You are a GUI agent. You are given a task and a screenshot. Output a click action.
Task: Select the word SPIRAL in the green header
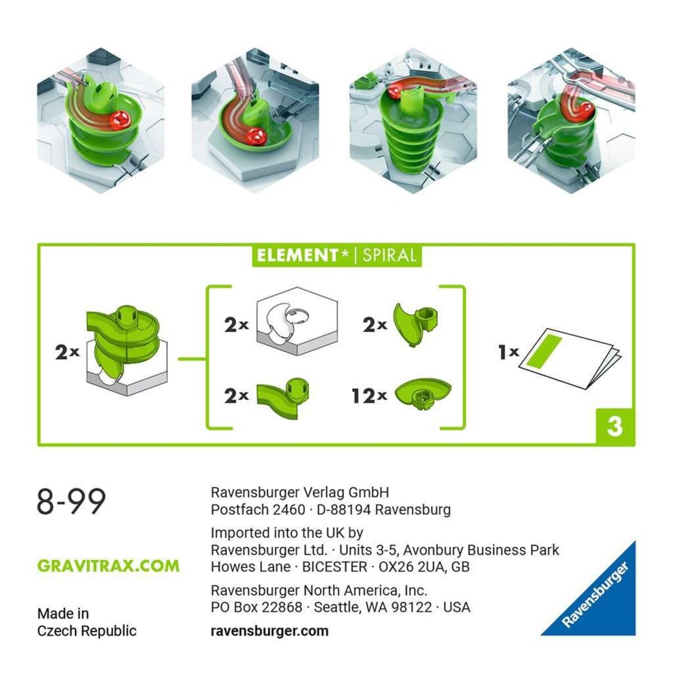389,256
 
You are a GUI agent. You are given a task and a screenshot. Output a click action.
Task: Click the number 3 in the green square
615,426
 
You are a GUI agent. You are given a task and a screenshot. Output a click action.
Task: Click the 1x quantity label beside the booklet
508,352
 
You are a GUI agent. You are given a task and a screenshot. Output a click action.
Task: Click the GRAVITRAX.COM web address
108,565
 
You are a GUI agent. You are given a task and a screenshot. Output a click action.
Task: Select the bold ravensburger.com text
269,630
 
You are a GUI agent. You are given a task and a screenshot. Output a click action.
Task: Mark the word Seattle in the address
335,607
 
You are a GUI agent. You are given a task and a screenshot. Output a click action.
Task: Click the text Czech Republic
87,630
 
